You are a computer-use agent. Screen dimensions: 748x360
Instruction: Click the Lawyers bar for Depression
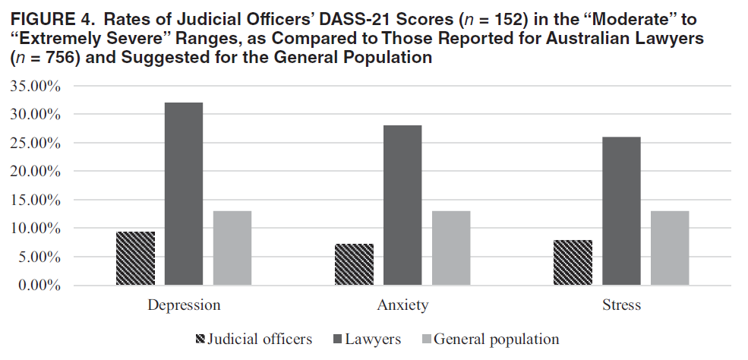184,194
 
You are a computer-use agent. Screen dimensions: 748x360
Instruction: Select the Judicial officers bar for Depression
135,258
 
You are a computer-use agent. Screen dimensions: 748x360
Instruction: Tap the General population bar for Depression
232,248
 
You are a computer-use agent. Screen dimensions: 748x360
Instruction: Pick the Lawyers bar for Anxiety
402,206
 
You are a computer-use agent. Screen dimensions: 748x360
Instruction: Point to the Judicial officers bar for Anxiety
354,264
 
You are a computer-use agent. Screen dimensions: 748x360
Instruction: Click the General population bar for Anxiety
451,248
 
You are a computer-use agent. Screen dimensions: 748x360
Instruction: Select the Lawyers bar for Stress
621,211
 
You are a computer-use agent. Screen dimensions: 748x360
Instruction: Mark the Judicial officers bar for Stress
573,263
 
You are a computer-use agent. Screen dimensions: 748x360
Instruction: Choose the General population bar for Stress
670,248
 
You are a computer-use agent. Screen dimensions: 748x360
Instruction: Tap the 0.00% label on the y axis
36,286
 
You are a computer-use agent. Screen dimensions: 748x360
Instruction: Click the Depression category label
184,305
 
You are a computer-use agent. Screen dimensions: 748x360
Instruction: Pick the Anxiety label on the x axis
402,305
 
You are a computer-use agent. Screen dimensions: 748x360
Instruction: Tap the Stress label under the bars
622,305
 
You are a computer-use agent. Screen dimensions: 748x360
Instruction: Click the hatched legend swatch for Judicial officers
200,339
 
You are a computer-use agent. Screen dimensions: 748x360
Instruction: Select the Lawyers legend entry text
373,339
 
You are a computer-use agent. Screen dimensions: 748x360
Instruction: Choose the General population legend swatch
426,339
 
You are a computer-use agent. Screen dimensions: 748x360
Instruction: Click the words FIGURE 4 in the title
52,20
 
